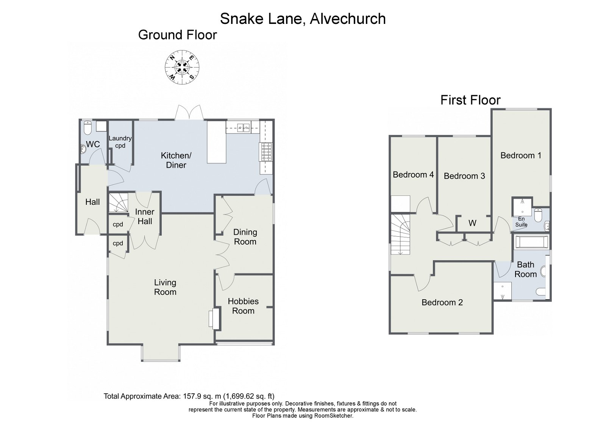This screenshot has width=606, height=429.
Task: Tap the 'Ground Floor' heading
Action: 177,35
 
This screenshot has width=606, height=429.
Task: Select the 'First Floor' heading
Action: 470,100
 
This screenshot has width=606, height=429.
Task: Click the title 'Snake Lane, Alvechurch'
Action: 303,19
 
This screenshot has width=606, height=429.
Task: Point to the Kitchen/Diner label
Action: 176,160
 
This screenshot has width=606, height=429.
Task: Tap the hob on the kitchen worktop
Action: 266,152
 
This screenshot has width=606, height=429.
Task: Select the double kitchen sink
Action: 243,128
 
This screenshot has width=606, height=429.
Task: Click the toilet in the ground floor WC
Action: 87,128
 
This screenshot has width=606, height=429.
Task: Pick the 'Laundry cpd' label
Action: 120,142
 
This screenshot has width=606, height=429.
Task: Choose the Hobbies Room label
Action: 243,306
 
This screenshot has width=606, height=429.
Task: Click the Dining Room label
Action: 245,237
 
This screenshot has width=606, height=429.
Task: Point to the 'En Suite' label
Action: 521,222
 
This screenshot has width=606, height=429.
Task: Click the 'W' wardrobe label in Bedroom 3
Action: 472,223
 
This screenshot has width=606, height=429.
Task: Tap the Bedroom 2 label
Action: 442,302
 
